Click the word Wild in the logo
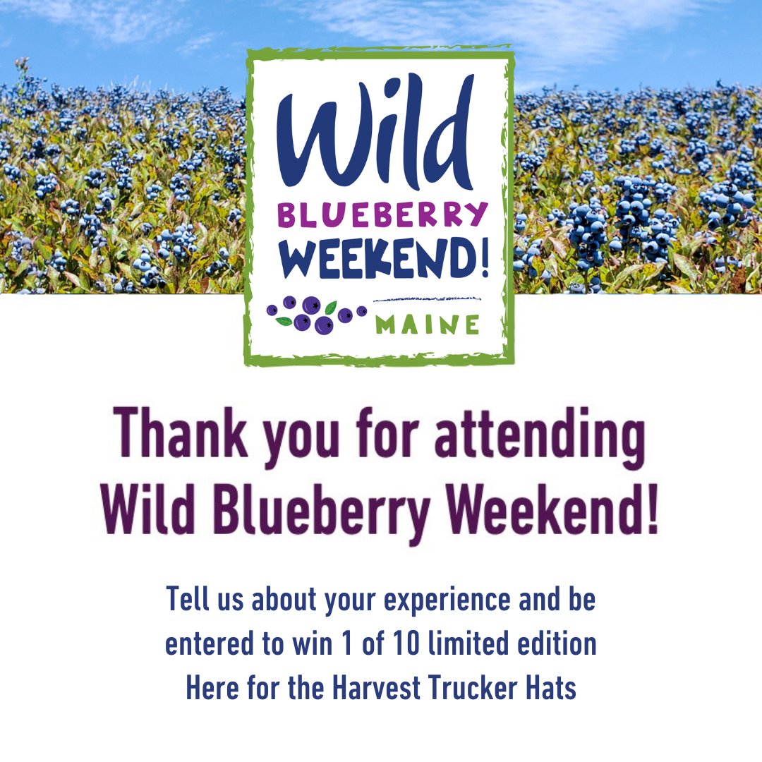[375, 133]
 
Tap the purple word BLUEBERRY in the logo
[382, 214]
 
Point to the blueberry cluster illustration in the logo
[317, 315]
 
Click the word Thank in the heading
[180, 433]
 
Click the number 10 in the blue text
[406, 643]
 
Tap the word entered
[210, 643]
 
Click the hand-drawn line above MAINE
[427, 298]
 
